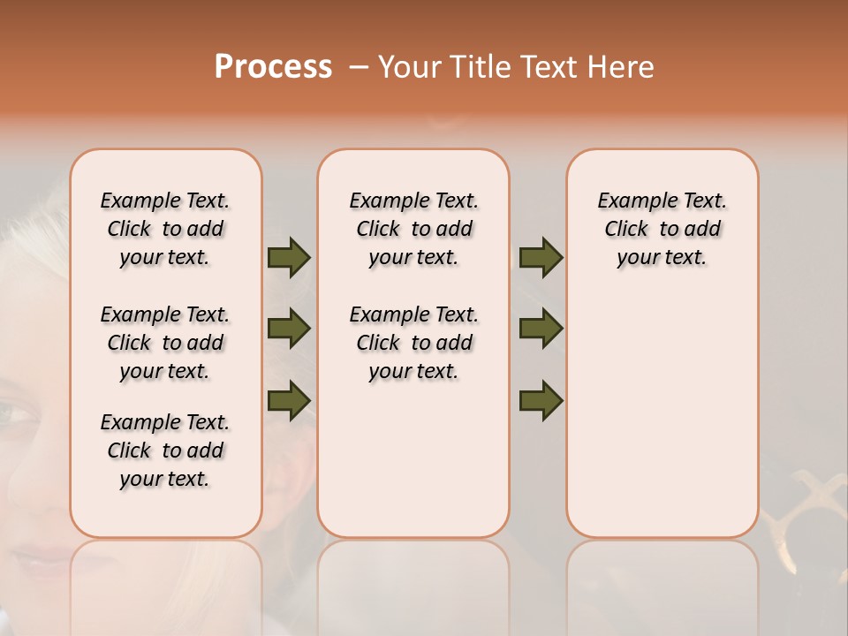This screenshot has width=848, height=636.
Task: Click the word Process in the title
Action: tap(273, 67)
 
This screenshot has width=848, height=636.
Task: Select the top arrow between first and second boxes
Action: tap(289, 258)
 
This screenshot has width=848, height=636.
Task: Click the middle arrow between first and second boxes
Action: tap(289, 329)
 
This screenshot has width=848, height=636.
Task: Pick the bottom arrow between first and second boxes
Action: tap(289, 400)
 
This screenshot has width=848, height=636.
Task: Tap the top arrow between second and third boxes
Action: tap(541, 258)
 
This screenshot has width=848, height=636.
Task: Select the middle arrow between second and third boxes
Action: tap(541, 329)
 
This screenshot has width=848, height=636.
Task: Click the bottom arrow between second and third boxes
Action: tap(541, 400)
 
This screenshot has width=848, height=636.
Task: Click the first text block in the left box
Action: tap(165, 229)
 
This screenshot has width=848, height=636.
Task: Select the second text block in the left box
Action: tap(165, 343)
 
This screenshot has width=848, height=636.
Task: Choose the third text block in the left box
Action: tap(165, 450)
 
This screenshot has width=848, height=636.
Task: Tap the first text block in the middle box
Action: tap(413, 229)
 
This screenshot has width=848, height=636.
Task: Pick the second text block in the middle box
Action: tap(413, 343)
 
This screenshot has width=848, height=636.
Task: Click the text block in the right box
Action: tap(662, 229)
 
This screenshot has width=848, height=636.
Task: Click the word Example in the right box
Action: tap(630, 201)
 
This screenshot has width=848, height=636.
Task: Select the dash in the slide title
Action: tap(358, 67)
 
